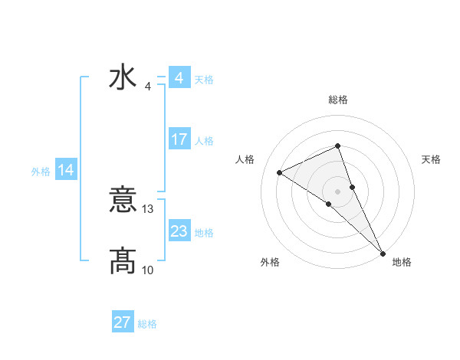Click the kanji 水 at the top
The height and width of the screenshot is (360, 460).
coord(123,78)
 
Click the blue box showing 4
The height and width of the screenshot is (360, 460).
coord(179,78)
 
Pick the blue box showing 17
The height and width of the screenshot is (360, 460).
coord(179,139)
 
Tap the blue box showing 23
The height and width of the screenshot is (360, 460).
coord(179,231)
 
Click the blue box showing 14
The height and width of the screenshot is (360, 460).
coord(66,171)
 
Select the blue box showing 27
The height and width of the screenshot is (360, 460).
coord(122,322)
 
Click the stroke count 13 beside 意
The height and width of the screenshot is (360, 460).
coord(149,209)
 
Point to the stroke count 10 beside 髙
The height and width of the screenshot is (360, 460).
coord(148,270)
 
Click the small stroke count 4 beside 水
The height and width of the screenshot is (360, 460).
coord(148,86)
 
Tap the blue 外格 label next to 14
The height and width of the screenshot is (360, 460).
coord(41,172)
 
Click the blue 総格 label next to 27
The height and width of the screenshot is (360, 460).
coord(147,324)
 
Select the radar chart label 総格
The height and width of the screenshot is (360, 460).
coord(337,100)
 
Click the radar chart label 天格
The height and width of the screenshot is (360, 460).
coord(431,159)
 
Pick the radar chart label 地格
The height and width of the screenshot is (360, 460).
coord(402,262)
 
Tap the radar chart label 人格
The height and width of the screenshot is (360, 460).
coord(245,159)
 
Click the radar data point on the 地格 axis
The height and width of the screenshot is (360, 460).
coord(383,253)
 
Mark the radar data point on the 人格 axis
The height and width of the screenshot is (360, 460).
coord(280,172)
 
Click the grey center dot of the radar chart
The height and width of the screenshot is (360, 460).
coord(337,191)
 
